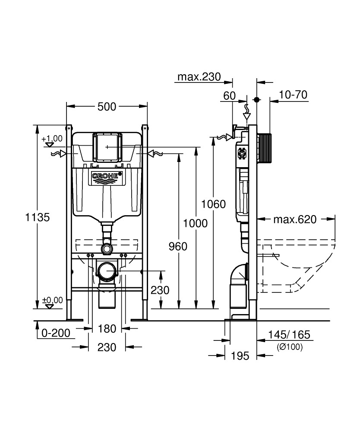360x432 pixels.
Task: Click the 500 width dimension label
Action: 107,106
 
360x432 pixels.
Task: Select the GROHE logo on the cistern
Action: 107,177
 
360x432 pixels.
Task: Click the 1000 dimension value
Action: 195,223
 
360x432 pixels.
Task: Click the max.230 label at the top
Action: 199,77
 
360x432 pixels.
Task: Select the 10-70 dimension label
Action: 293,95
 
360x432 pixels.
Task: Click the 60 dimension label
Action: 230,95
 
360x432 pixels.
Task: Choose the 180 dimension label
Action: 107,329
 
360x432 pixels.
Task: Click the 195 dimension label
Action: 240,356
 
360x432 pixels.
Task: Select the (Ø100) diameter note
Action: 289,346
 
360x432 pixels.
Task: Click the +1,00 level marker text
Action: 52,139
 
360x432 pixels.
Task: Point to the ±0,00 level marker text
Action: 52,300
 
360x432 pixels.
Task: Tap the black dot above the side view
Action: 257,99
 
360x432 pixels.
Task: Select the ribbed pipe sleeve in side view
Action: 266,148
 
